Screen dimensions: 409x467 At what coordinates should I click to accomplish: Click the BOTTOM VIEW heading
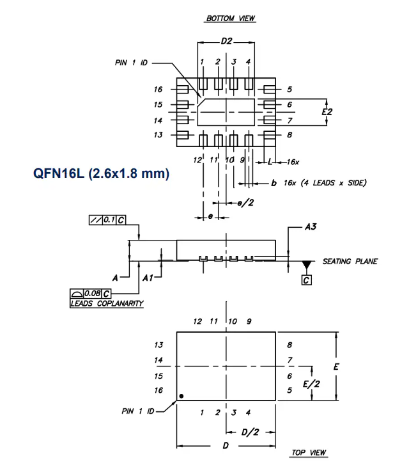tap(231, 19)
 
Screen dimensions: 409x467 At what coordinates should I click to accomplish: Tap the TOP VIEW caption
tap(309, 453)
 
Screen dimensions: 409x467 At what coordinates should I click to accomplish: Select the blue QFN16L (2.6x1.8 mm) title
tap(101, 173)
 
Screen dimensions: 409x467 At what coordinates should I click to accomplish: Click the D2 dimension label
tap(226, 41)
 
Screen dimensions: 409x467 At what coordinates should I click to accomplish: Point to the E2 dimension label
tap(327, 112)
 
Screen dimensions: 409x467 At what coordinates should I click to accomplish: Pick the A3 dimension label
tap(311, 227)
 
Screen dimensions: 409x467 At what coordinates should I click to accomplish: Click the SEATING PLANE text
tap(350, 262)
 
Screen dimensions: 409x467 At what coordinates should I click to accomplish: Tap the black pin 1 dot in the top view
tap(181, 396)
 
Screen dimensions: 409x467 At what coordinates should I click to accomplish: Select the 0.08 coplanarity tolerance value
tap(92, 294)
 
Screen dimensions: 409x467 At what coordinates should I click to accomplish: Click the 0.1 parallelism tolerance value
tap(109, 220)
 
